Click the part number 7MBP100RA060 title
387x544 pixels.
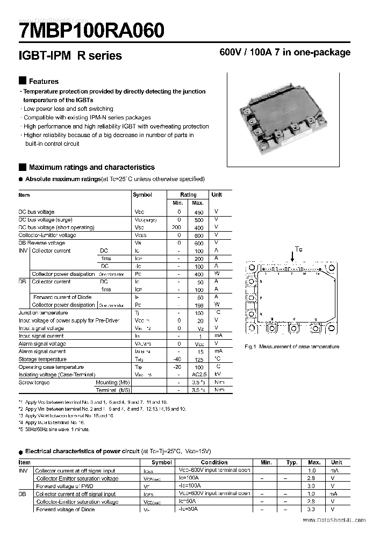91,30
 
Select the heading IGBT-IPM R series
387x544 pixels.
70,55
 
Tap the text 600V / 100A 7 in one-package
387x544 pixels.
285,53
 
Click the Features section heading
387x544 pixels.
44,81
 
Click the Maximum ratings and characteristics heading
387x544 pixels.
91,167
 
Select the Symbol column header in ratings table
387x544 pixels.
142,195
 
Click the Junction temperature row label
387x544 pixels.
43,312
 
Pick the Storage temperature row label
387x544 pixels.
42,359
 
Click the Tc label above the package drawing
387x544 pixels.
299,249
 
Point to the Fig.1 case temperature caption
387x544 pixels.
292,347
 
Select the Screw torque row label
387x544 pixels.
34,382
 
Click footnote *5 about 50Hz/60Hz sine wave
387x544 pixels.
54,429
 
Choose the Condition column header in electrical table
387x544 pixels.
214,462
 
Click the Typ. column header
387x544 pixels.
292,462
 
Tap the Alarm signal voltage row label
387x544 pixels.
42,343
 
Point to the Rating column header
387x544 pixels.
188,195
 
